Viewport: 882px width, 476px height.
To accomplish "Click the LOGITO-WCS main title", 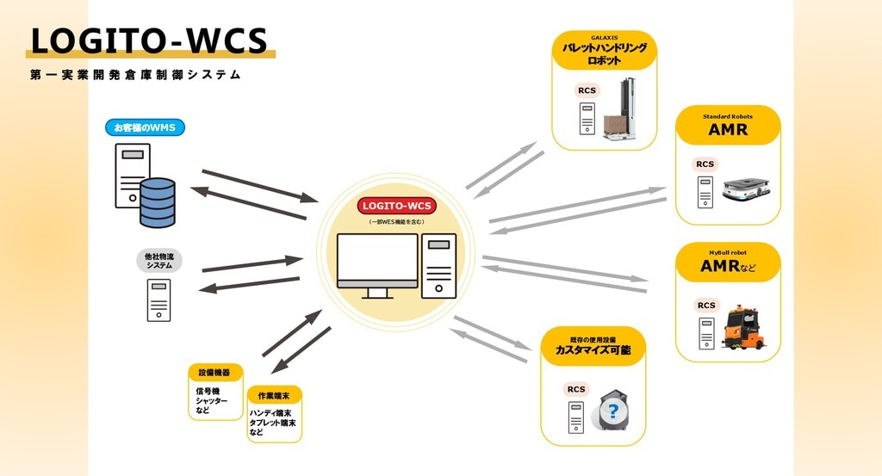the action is click(x=149, y=40).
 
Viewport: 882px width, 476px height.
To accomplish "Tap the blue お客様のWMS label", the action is click(x=145, y=127).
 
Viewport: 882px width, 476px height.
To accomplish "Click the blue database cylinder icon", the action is click(x=158, y=202).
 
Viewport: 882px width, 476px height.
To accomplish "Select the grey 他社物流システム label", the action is click(x=159, y=261).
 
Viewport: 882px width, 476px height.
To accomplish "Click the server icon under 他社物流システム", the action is click(x=158, y=300).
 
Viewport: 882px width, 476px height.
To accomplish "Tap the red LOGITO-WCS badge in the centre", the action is click(x=396, y=206).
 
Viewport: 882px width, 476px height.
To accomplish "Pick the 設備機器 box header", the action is click(x=214, y=373).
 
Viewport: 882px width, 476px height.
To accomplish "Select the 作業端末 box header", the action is click(x=274, y=396).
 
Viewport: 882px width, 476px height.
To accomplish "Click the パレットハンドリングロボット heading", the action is click(x=604, y=54).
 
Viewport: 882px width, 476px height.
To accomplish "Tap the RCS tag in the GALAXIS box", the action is click(x=587, y=90).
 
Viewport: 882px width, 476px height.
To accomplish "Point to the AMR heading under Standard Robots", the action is click(x=728, y=130).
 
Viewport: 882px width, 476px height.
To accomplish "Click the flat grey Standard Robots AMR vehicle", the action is click(x=746, y=189).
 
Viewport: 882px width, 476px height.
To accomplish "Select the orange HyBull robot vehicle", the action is click(x=743, y=327).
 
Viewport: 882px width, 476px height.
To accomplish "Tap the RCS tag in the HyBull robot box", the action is click(x=706, y=306).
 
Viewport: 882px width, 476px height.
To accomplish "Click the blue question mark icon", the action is click(x=613, y=411).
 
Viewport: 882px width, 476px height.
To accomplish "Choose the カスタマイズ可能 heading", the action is click(x=593, y=350).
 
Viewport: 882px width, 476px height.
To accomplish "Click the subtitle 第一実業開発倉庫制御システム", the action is click(x=135, y=75).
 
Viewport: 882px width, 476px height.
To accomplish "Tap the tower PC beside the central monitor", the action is click(x=438, y=266).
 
